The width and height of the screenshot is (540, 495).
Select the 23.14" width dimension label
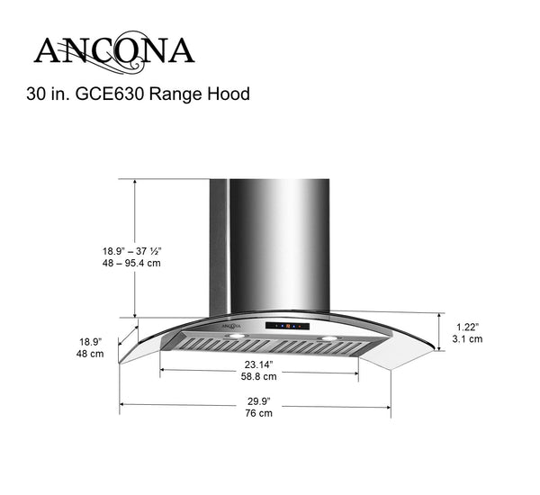tap(259, 364)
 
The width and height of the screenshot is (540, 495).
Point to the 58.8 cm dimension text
tap(259, 379)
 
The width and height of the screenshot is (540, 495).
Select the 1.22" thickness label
tap(467, 327)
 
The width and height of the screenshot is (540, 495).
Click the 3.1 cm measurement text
tap(467, 339)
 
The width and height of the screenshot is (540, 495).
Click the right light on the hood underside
tap(328, 339)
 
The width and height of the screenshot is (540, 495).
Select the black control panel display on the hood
tap(285, 325)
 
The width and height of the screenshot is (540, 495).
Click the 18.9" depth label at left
tap(89, 342)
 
